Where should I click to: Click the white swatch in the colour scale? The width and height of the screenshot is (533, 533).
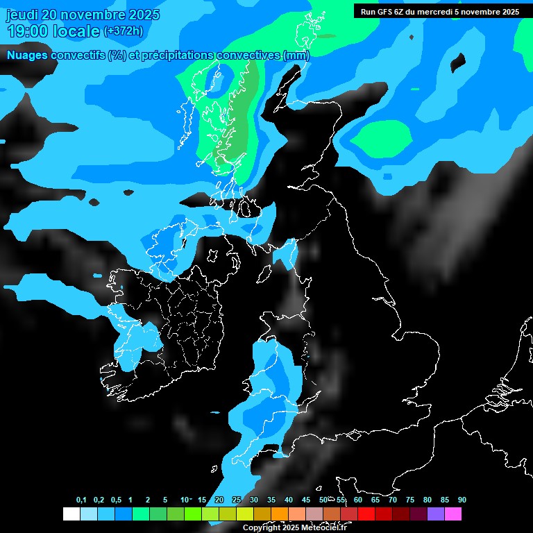71,514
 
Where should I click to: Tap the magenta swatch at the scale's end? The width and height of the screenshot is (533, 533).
453,514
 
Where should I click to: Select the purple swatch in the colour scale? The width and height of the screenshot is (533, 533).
436,514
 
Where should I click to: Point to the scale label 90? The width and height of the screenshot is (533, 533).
462,500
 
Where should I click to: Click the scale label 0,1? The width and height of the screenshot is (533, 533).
81,500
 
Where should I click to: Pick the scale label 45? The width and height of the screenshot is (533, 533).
306,500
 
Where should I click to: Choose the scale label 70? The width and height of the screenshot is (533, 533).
393,500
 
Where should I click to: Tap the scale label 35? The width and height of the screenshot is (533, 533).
271,500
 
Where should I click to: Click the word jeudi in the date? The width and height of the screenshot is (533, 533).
23,15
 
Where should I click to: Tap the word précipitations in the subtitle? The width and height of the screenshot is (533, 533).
175,55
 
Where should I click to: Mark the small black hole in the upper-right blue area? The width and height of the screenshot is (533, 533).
457,63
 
